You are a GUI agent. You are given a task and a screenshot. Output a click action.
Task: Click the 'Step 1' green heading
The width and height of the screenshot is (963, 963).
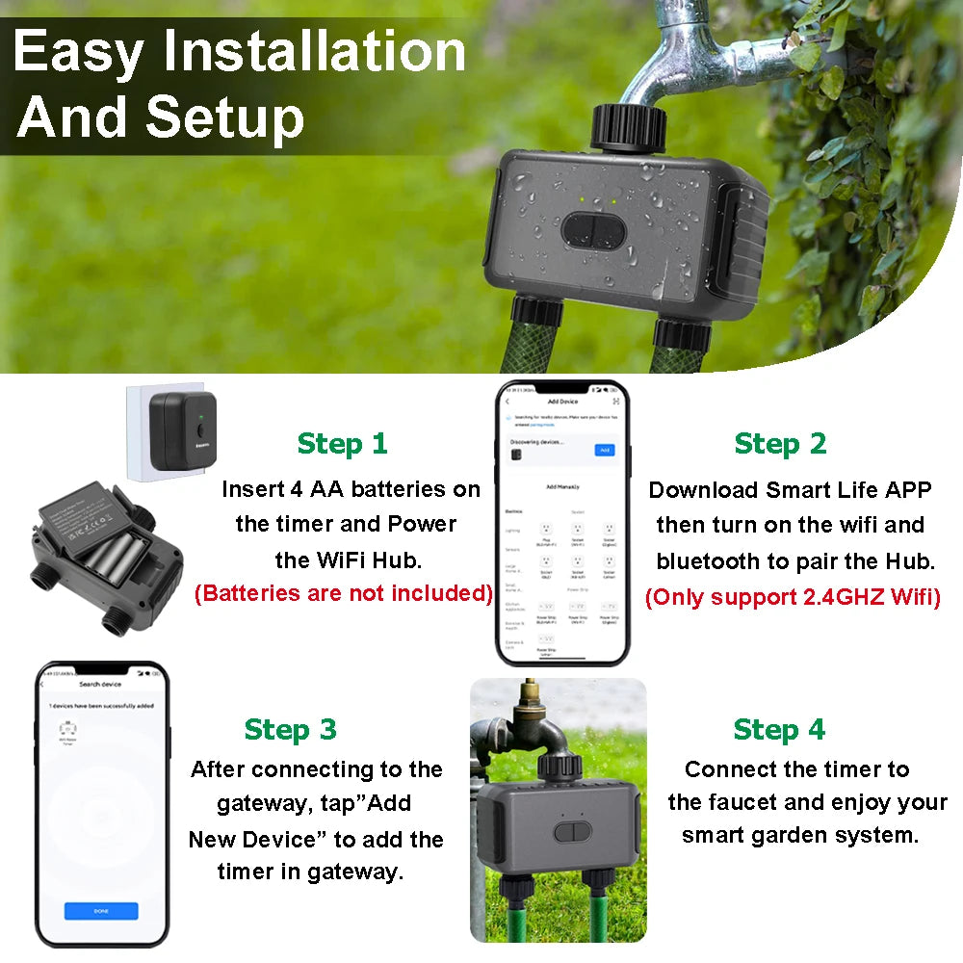[x=342, y=444]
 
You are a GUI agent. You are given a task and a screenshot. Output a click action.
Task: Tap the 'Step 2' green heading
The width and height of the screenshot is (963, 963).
[x=780, y=444]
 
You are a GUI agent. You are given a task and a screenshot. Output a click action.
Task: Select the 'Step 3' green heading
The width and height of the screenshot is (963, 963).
[x=290, y=730]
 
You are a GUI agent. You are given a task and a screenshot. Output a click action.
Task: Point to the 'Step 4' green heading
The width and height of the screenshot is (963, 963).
[x=779, y=730]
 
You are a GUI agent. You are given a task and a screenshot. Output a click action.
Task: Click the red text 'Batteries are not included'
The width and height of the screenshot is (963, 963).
[x=344, y=593]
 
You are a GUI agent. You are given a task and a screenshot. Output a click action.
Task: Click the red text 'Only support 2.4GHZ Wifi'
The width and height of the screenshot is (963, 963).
[x=793, y=597]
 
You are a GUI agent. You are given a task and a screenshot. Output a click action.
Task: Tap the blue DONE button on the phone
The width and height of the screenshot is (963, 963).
[x=101, y=911]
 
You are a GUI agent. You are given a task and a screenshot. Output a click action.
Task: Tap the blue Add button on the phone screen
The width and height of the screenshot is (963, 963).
[x=605, y=450]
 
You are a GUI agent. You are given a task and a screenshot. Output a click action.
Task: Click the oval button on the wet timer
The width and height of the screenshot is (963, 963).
[x=592, y=228]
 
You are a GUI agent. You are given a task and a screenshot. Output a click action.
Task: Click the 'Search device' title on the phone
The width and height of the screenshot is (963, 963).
[x=100, y=684]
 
